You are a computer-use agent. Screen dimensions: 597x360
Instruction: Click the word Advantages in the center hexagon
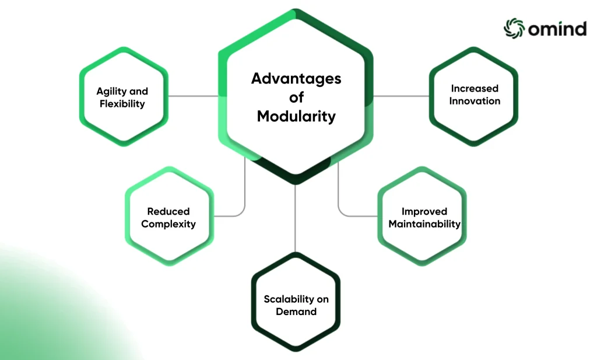(x=296, y=79)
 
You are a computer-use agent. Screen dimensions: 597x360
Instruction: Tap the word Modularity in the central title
(x=296, y=116)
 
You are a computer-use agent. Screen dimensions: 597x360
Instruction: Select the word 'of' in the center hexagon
(x=296, y=97)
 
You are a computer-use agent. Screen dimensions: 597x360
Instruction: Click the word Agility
(x=111, y=92)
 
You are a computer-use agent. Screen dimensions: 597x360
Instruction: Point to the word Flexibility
(x=122, y=104)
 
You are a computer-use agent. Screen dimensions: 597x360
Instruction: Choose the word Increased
(x=475, y=88)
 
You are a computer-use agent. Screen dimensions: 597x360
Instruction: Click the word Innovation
(x=475, y=101)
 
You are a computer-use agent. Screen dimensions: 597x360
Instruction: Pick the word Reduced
(x=168, y=211)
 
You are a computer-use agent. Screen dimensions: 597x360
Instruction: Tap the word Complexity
(x=168, y=224)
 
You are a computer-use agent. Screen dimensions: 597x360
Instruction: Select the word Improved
(x=424, y=211)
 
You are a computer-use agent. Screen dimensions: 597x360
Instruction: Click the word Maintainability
(x=424, y=224)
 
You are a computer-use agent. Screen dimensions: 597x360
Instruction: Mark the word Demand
(x=296, y=312)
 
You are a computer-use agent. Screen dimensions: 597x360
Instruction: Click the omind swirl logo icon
(x=514, y=28)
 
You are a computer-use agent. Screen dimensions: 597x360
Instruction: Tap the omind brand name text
(x=557, y=29)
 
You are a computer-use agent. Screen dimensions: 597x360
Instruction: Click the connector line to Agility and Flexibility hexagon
(x=193, y=96)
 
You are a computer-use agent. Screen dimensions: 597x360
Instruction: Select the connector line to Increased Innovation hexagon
(x=401, y=96)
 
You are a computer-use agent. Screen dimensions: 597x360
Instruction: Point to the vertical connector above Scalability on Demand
(x=295, y=218)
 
